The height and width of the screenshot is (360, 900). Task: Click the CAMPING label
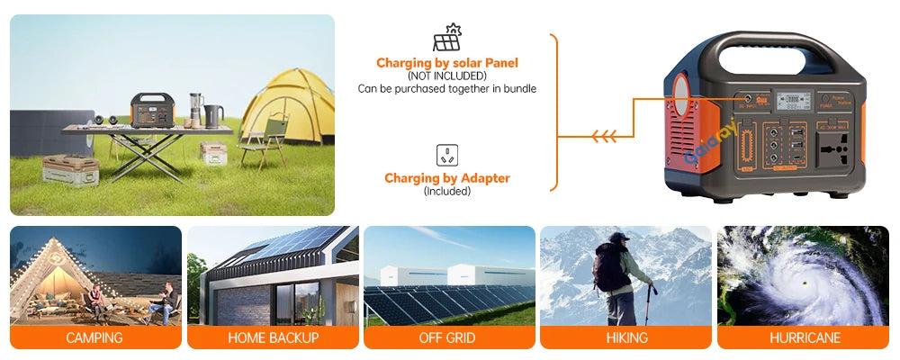[94, 338]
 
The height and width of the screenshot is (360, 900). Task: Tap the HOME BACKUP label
[273, 338]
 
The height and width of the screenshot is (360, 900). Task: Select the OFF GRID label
[447, 338]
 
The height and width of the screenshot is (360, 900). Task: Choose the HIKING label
[626, 338]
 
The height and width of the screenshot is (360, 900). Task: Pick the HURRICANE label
[805, 338]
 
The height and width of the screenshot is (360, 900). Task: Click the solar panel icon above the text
[447, 38]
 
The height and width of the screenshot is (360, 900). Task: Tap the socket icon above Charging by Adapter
[447, 155]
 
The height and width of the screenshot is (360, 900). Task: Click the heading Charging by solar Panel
[447, 63]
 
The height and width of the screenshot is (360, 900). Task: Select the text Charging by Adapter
[447, 178]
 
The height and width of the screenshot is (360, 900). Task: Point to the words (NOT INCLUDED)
[447, 76]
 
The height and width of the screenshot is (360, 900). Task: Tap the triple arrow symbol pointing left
[604, 137]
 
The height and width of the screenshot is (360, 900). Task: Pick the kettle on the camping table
[213, 115]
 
